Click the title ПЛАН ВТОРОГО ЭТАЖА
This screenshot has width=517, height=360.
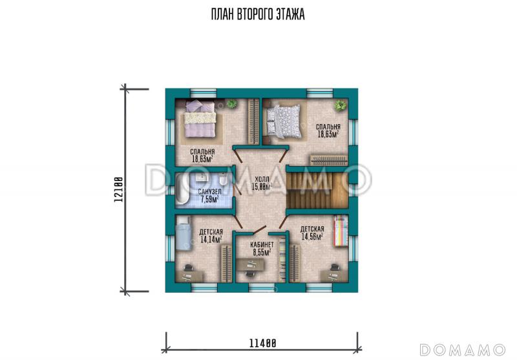pos(258,14)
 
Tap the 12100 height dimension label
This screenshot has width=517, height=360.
pos(119,190)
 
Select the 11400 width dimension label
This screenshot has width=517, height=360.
pos(262,343)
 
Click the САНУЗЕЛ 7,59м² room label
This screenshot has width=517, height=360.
pos(209,196)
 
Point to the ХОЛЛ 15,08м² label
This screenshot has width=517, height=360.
pos(262,184)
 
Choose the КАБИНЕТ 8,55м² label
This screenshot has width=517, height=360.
pos(262,249)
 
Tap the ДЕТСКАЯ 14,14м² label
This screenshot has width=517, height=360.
pos(211,236)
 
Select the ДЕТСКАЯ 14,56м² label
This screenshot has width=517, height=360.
pos(312,233)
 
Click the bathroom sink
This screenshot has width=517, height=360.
pos(201,178)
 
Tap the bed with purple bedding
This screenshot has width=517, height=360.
pos(200,119)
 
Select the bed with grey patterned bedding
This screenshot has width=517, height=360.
pos(284,122)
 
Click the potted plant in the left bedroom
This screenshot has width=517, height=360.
pos(232,103)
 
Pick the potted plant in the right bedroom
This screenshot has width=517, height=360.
pos(340,106)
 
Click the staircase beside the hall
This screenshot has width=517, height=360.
pos(317,189)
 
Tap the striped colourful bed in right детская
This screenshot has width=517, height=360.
pos(341,231)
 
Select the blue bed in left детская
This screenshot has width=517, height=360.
pos(183,233)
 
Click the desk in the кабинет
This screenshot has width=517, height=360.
pos(250,264)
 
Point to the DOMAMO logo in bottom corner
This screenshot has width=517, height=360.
pos(463,350)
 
